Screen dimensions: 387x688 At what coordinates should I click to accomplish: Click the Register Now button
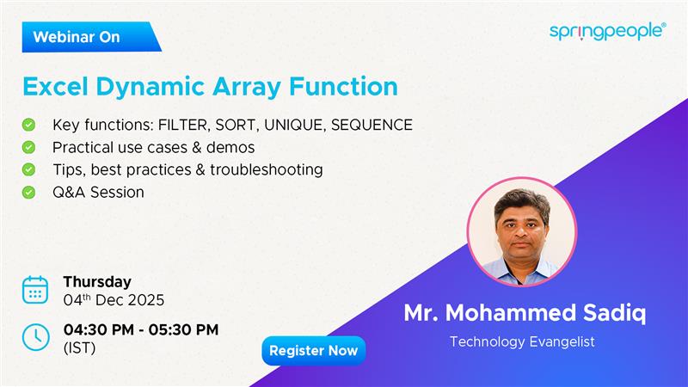(313, 351)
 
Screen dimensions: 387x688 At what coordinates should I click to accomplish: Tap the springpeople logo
(607, 31)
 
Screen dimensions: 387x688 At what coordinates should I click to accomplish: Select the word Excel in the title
(53, 87)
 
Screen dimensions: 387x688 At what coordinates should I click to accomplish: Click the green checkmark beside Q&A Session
(29, 192)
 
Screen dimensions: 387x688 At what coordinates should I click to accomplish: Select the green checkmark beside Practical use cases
(29, 147)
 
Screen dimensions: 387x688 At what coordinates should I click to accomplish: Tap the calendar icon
(35, 290)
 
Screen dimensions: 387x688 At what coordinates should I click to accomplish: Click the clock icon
(35, 336)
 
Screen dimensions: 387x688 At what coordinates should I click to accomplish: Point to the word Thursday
(97, 281)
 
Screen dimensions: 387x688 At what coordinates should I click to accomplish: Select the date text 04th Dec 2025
(114, 301)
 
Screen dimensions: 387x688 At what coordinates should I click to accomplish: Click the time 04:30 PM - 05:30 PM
(141, 329)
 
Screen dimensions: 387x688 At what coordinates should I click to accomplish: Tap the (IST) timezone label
(79, 348)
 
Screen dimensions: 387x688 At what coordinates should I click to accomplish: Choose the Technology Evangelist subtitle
(521, 341)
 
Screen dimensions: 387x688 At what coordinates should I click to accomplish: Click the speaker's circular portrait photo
(521, 231)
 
